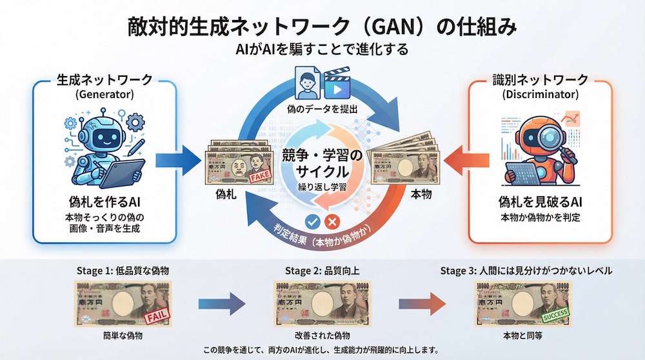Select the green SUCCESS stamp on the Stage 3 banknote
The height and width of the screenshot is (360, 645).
coord(555,316)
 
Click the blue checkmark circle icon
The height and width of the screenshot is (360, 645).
coord(313,221)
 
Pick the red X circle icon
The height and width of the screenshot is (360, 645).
coord(333,221)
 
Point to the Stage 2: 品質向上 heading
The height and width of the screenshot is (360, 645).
coord(323,270)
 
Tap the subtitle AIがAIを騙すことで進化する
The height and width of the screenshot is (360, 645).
coord(322,50)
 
